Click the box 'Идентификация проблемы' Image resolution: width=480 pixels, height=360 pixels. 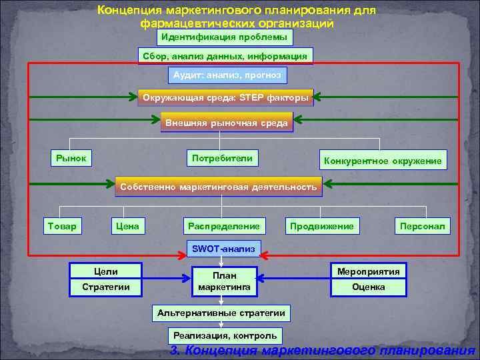pos(225,37)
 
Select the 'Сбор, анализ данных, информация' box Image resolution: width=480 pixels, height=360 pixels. pos(225,57)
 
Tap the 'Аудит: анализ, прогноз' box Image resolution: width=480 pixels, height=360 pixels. pos(227,76)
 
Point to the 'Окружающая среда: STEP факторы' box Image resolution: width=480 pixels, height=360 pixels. pos(225,99)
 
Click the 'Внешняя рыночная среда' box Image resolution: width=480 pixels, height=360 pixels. pos(227,123)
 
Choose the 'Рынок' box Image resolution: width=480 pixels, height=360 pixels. pos(71,159)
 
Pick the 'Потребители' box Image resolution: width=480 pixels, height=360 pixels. pos(222,159)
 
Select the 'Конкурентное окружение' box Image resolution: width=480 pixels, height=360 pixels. pos(382,160)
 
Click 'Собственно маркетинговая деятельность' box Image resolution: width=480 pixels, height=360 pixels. pos(218,187)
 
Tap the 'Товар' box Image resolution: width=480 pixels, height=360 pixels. pos(61,227)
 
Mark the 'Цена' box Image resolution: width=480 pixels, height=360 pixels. pos(127,227)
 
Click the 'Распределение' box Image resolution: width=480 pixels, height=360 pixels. pos(223,227)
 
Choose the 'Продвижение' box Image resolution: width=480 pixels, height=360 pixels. pos(321,227)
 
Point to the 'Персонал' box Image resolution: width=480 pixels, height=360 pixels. pos(422,227)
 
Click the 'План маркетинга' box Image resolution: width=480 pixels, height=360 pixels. pos(224,280)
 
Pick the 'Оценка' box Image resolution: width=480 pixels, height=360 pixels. pos(369,287)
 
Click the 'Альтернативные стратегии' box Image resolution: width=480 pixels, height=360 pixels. pos(221,313)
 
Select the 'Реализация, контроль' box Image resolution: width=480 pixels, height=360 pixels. pos(225,335)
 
